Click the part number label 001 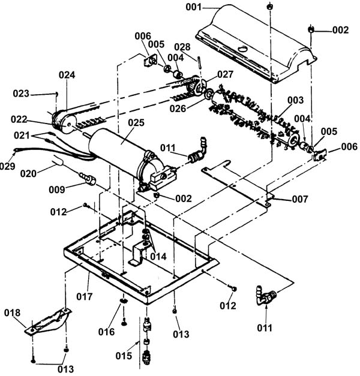point(194,7)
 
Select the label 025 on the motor point(136,122)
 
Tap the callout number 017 point(84,297)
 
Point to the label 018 point(12,312)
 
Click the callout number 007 point(300,199)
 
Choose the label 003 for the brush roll point(296,100)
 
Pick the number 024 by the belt point(67,75)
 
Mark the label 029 point(7,166)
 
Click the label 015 point(124,356)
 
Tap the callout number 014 point(158,257)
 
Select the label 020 point(28,174)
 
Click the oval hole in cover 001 point(242,49)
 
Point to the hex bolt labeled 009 point(88,178)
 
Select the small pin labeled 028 point(200,62)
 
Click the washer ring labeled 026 point(208,94)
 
